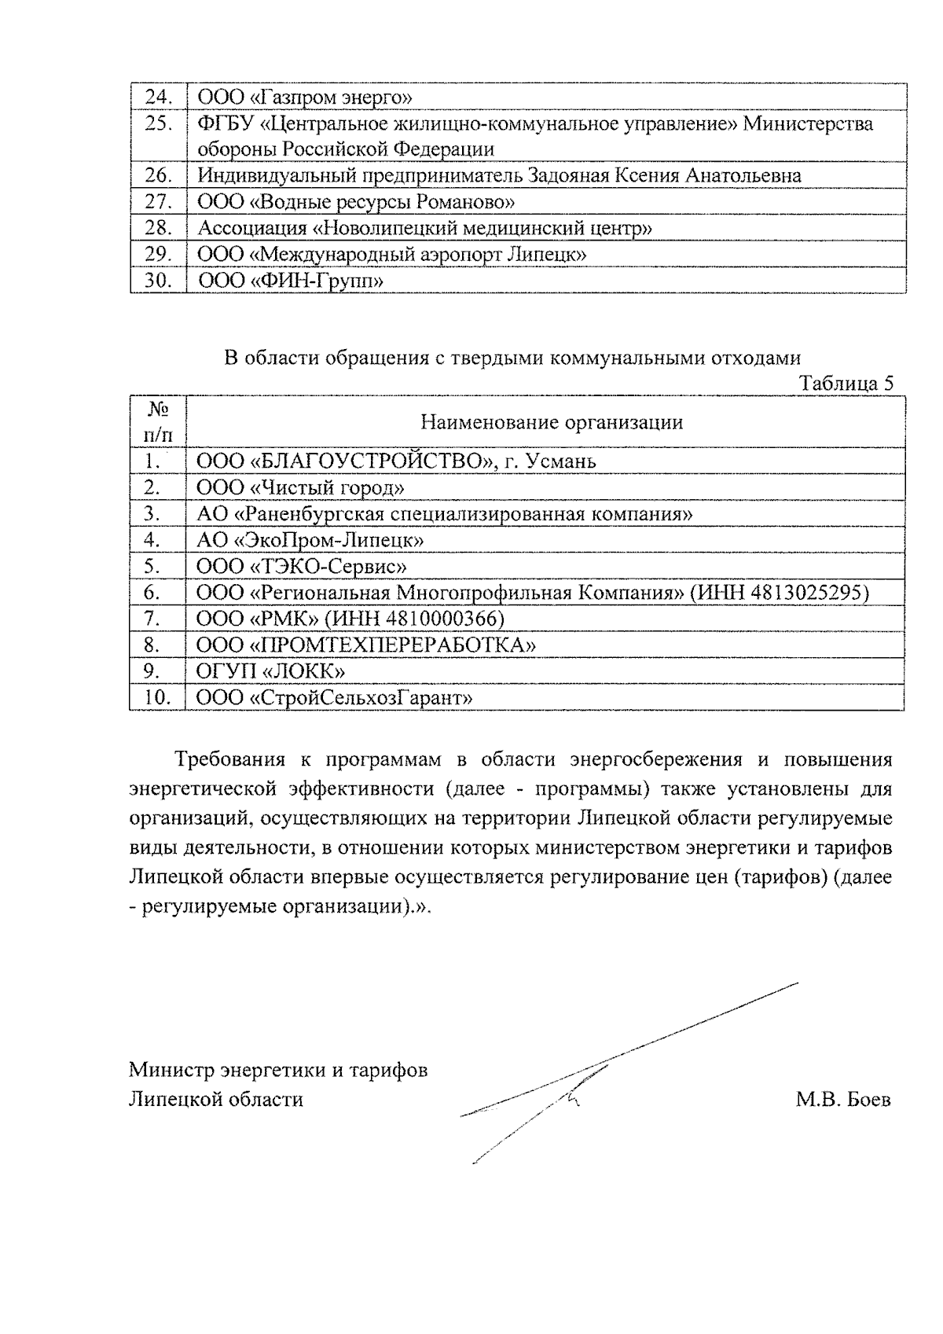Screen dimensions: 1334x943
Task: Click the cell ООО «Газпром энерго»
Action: [305, 97]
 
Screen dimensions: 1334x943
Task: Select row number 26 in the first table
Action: [159, 176]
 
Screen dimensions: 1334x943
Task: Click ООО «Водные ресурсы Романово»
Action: [355, 202]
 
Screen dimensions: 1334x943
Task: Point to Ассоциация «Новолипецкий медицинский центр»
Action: [424, 229]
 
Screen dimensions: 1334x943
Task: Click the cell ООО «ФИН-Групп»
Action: [290, 281]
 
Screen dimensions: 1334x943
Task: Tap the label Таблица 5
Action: [846, 384]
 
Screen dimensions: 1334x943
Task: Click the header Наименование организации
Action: [551, 422]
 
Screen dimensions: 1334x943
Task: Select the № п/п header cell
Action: [158, 421]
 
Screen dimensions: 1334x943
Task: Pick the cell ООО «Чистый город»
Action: [300, 488]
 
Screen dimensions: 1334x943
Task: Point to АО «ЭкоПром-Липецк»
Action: [310, 541]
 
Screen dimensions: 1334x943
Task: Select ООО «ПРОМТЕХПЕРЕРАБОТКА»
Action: [365, 645]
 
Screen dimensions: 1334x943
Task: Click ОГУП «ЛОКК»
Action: [270, 671]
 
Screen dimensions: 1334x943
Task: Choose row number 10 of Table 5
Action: [158, 698]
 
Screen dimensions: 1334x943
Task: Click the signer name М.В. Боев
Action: [842, 1100]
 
